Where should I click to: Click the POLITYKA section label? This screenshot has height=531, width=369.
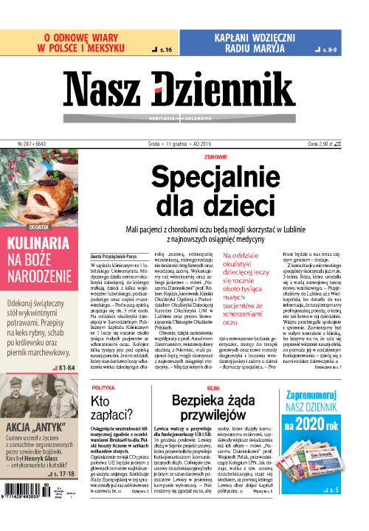(103, 386)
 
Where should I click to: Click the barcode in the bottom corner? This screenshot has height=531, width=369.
(33, 516)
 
